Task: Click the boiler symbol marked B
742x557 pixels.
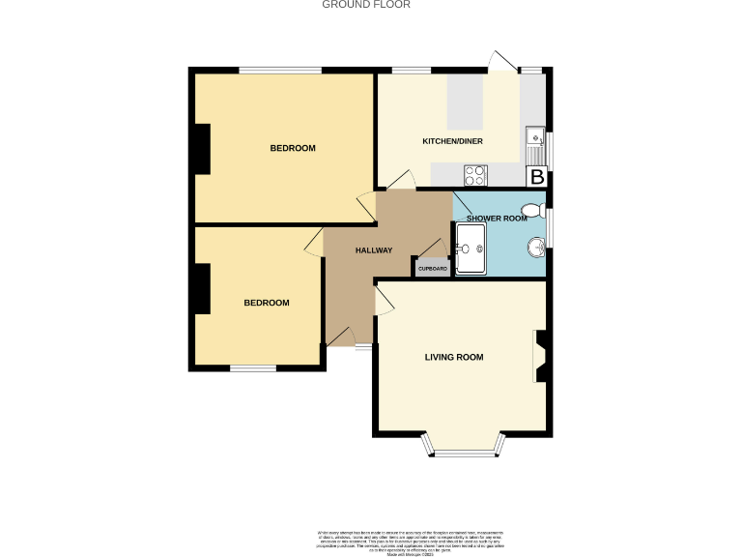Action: [536, 177]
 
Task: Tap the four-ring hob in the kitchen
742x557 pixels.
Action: [476, 175]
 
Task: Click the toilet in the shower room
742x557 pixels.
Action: [531, 210]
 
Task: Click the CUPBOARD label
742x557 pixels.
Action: [432, 268]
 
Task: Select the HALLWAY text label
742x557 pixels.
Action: [373, 250]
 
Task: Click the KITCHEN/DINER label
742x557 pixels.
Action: [452, 141]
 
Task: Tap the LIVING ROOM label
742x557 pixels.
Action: [453, 357]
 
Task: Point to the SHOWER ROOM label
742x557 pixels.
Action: [497, 219]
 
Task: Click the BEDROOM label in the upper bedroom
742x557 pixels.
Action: [292, 148]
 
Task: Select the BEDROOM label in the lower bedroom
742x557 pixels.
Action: [266, 303]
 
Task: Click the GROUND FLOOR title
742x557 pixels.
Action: [365, 5]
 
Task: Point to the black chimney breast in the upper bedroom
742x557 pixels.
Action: [202, 150]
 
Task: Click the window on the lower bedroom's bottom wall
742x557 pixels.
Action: [252, 367]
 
